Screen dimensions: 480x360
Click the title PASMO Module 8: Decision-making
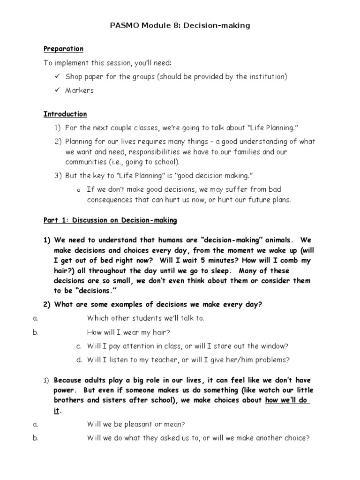click(x=180, y=26)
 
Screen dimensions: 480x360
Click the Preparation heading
click(x=63, y=49)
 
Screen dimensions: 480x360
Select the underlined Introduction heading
click(x=65, y=114)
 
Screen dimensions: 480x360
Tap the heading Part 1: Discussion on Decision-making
click(x=110, y=220)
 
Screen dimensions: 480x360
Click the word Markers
click(x=80, y=90)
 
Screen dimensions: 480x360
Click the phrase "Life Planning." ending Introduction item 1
click(x=273, y=127)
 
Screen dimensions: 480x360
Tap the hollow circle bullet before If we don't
click(x=78, y=190)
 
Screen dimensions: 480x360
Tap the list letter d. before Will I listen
click(x=79, y=360)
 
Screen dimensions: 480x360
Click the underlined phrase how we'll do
click(x=287, y=400)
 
